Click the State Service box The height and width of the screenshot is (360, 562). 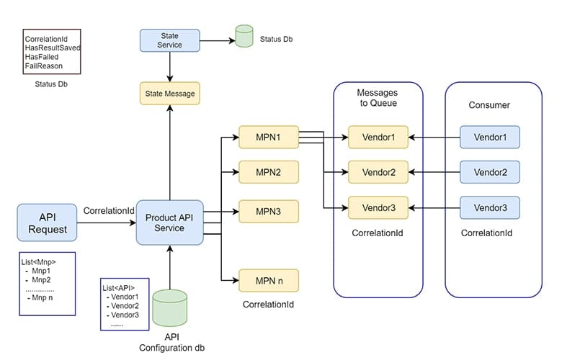point(169,40)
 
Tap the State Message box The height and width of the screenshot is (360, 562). point(169,94)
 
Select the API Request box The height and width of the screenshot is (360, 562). point(47,222)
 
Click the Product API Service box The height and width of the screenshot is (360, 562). point(169,222)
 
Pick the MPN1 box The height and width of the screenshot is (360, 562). point(269,137)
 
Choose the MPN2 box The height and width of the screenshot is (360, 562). point(269,172)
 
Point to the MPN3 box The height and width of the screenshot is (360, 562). point(269,212)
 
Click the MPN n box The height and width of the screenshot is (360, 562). point(269,281)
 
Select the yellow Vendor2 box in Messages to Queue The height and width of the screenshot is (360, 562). point(378,172)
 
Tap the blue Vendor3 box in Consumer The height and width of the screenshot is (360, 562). point(490,207)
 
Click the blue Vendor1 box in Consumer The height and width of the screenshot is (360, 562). point(490,137)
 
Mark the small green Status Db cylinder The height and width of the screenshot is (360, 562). point(244,36)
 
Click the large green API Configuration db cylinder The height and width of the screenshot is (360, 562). point(169,308)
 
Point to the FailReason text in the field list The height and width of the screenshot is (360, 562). point(44,66)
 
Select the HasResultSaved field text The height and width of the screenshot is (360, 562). point(53,48)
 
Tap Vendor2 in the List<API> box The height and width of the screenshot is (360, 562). point(125,306)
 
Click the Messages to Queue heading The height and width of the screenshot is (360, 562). point(378,98)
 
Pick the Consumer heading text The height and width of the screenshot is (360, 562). point(489,105)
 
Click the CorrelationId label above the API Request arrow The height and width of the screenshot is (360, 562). point(109,211)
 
